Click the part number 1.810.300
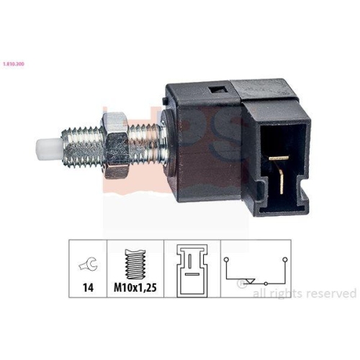[14, 64]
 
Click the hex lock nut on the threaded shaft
[116, 145]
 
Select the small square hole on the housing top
[219, 91]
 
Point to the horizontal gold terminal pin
[279, 158]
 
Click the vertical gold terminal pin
[282, 181]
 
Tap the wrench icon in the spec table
[89, 264]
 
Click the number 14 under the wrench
[88, 287]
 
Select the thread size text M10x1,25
[135, 287]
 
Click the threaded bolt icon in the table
[135, 264]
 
